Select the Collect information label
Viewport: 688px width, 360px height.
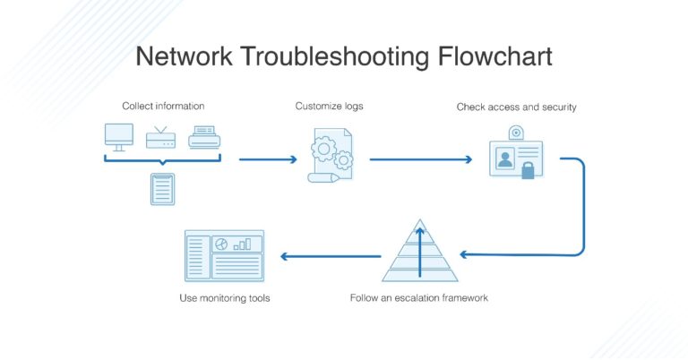(162, 106)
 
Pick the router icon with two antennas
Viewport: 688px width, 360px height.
(160, 137)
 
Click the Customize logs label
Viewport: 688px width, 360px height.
(330, 106)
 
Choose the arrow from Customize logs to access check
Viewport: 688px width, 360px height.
(420, 160)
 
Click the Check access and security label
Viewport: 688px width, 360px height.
(516, 107)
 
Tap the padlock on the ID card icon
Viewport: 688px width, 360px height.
(528, 169)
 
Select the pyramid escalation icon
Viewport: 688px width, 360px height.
(420, 253)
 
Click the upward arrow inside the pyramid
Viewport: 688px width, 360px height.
(420, 245)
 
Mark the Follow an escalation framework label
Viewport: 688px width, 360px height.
(419, 297)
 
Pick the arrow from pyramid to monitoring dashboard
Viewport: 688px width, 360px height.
(331, 256)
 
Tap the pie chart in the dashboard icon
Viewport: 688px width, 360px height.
(220, 244)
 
